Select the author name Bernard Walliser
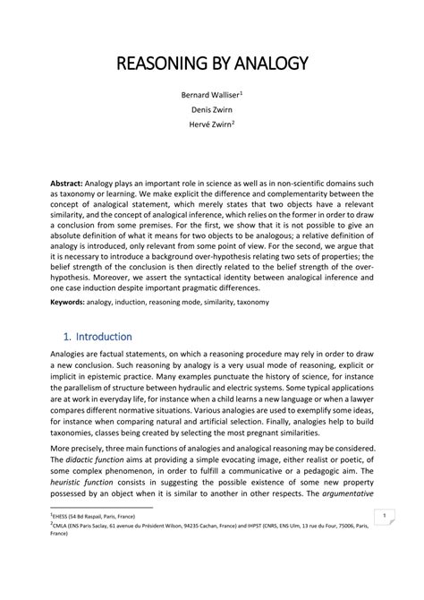tap(208, 93)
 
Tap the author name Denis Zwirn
tap(212, 109)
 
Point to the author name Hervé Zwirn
tap(210, 125)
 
